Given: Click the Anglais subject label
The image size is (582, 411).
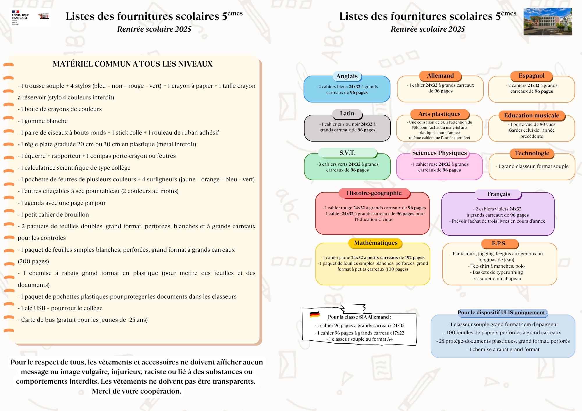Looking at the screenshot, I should tap(347, 76).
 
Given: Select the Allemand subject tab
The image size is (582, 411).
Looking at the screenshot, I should tap(440, 76).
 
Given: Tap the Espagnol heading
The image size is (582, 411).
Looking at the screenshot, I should tap(531, 76).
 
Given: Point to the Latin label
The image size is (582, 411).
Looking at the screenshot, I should tap(347, 114).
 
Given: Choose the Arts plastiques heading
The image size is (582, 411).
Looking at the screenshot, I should tap(439, 114).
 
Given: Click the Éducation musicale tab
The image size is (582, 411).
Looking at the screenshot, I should tap(532, 115).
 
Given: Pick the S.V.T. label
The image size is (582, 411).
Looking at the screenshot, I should tap(347, 153).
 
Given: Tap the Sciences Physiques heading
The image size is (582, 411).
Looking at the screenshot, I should tap(439, 153).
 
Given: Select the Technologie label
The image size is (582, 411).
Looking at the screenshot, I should tap(532, 153).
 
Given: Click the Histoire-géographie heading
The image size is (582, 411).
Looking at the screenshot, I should tap(374, 193).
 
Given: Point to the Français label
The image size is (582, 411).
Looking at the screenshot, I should tap(498, 194).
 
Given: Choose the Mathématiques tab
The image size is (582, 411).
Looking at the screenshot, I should tap(376, 243).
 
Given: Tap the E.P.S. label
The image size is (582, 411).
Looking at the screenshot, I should tap(499, 244).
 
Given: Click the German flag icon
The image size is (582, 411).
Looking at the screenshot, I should tap(315, 314).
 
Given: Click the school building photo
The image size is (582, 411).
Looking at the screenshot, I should tap(547, 22).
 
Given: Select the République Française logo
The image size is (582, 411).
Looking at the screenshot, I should tap(20, 18).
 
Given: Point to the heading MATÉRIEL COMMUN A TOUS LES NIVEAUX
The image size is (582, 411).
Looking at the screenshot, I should tap(133, 64).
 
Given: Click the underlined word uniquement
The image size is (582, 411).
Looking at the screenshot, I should tap(530, 312).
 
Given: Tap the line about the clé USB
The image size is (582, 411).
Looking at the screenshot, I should tap(60, 308).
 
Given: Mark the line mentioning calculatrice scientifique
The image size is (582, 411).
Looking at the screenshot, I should tap(74, 168).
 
